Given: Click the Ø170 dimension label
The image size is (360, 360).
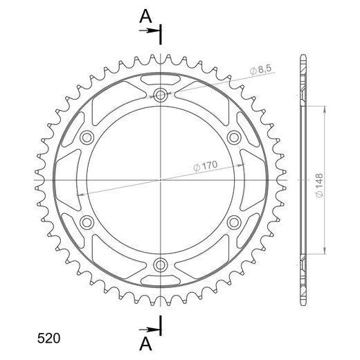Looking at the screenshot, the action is tap(206, 166).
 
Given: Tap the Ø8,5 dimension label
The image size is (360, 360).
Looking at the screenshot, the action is tap(261, 70).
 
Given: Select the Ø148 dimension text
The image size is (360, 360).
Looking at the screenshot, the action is tap(319, 186).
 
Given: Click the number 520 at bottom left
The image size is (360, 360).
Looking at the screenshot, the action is tap(48, 339).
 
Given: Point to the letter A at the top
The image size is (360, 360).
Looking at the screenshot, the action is tap(145, 17).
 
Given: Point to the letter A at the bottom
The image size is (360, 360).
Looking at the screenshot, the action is tap(145, 344).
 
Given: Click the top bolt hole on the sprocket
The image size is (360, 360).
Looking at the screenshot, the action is tap(160, 95).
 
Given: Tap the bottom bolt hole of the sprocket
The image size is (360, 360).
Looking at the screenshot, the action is tap(160, 264).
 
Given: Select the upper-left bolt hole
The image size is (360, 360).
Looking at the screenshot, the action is tap(87, 138).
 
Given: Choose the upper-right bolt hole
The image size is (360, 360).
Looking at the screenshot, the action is tap(234, 138).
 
